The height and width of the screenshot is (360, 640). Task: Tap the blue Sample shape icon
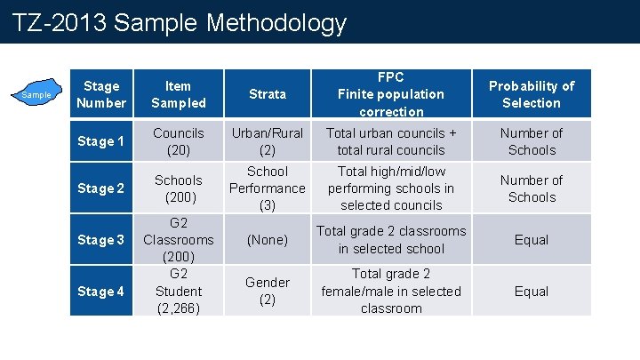(x=36, y=93)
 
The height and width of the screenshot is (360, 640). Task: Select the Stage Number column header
(x=100, y=94)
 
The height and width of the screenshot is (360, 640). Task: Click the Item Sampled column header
(x=178, y=94)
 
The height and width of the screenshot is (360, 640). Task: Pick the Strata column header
(x=268, y=94)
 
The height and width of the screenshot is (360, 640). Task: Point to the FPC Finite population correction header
(x=391, y=94)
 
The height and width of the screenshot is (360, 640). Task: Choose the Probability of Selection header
(x=532, y=94)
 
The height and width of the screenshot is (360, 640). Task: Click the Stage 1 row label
(x=100, y=141)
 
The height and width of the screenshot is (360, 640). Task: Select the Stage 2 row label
(x=100, y=188)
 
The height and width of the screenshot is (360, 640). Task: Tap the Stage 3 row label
(x=100, y=240)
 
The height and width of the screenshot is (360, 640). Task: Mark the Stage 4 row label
(x=100, y=292)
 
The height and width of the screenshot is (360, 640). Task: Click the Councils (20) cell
(x=178, y=141)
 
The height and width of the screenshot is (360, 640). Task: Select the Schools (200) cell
(x=178, y=188)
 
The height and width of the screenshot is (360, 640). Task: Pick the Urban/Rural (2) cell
(x=268, y=141)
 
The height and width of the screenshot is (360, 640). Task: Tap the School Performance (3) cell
(x=268, y=188)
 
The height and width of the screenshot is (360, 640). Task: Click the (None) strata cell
(x=268, y=240)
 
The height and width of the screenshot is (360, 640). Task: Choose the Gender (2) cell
(x=268, y=292)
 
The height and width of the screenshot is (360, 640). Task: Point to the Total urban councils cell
(x=391, y=141)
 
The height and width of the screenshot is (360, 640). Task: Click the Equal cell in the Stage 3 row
(x=532, y=240)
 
